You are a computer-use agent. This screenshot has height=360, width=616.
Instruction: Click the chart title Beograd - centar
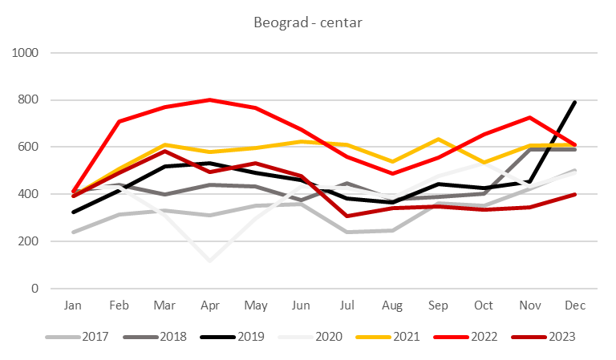pos(307,22)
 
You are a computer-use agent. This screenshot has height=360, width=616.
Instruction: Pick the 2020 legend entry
pos(314,335)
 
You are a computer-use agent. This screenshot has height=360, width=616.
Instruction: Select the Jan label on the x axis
pos(72,305)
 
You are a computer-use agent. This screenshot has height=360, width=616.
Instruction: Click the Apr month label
pos(209,305)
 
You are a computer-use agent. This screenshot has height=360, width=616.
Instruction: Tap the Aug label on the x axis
pos(393,305)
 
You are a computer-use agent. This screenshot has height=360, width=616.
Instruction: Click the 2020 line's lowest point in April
pos(210,260)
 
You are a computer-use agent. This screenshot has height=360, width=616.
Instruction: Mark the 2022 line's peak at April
pos(210,99)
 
